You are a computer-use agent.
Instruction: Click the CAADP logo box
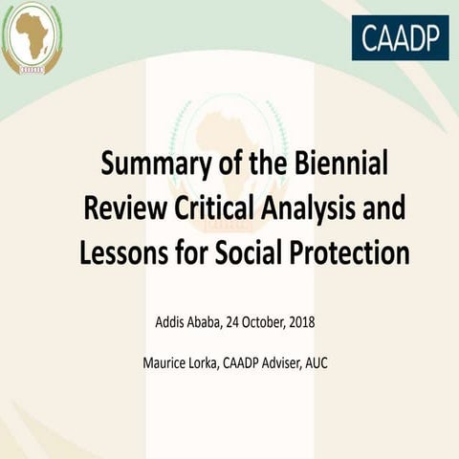tap(400, 37)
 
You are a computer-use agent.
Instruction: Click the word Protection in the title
tap(343, 252)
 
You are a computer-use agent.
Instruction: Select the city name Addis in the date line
tap(171, 321)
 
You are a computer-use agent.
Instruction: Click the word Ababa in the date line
tap(208, 321)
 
